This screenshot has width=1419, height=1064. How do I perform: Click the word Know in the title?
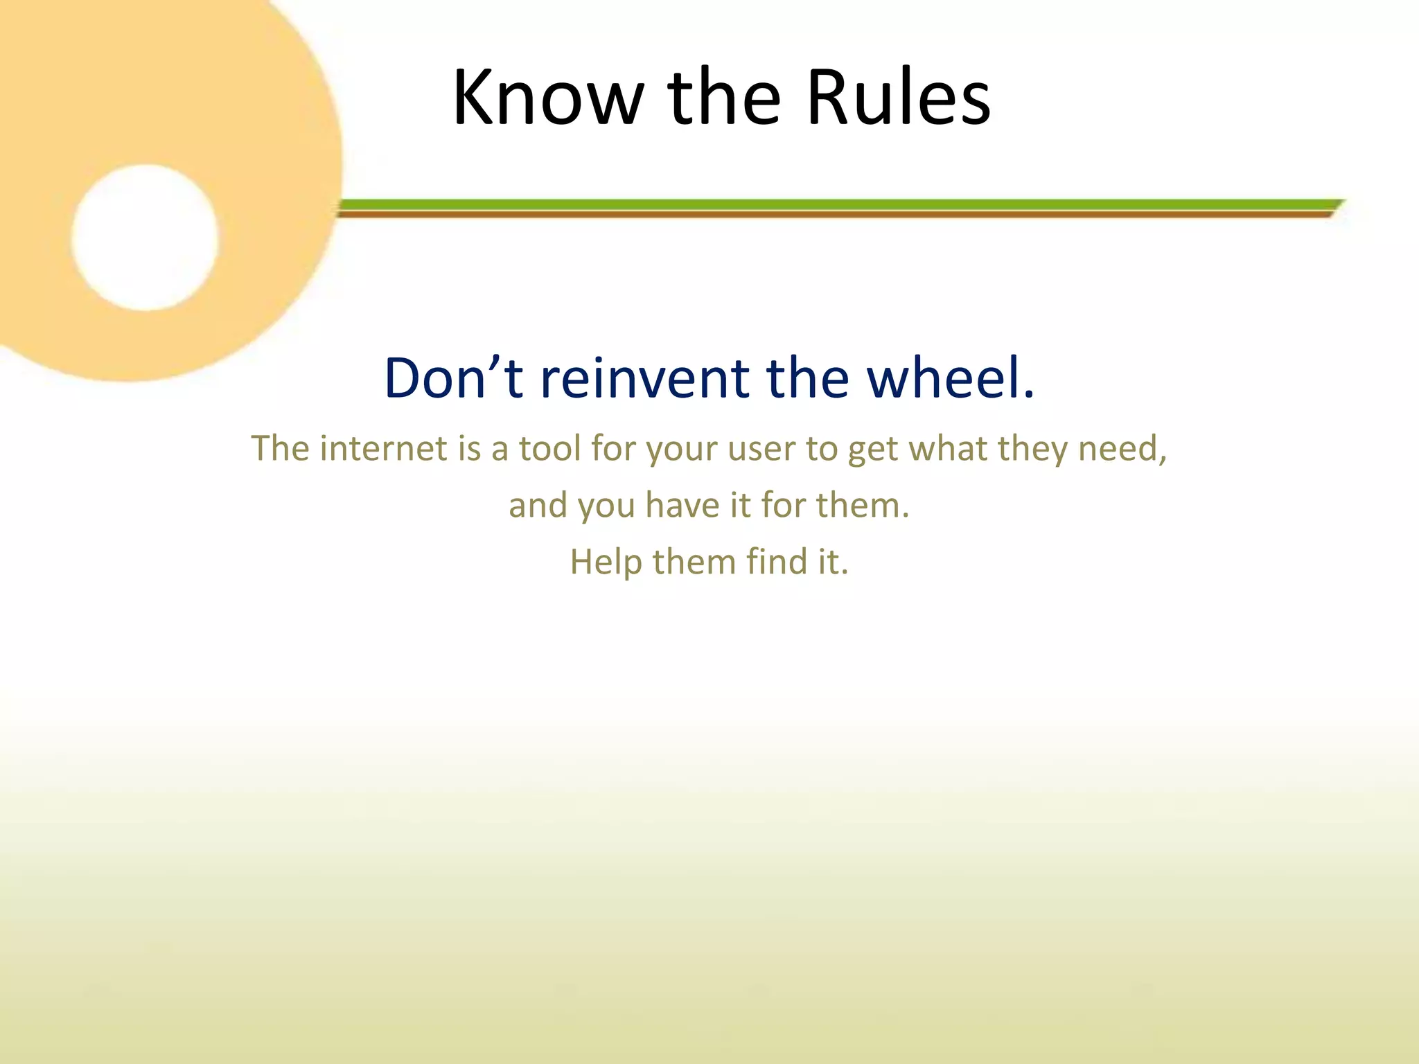click(548, 98)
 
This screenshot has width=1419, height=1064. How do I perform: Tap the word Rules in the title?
click(899, 98)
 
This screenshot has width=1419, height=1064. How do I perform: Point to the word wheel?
click(950, 379)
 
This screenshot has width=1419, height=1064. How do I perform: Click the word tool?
click(549, 448)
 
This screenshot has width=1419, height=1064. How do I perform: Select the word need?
click(1122, 448)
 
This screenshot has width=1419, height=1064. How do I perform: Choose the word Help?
click(606, 562)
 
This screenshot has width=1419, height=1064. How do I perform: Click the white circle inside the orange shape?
click(145, 238)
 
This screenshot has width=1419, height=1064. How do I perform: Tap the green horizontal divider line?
click(831, 204)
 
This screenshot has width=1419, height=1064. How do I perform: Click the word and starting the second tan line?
click(538, 505)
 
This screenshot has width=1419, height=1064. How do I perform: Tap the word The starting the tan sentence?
click(280, 448)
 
